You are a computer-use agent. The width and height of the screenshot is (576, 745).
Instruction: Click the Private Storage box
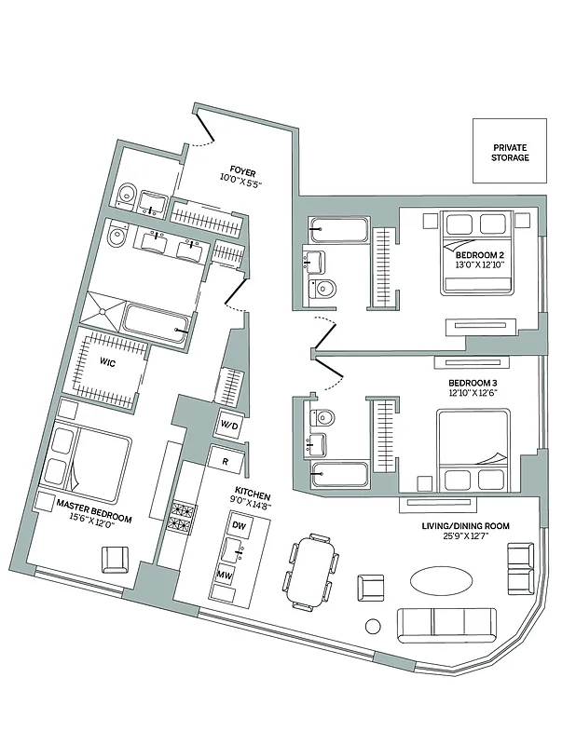coord(510,153)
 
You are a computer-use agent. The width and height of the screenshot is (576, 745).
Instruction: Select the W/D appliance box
coord(228,426)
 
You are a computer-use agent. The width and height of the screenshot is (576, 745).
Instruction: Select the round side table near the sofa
coord(373,626)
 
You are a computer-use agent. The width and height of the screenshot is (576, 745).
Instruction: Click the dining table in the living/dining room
coord(309,571)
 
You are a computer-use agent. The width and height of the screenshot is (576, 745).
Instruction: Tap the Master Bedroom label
coord(93,509)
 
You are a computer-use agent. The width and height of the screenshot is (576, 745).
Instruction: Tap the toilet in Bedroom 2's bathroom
coord(323,289)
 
